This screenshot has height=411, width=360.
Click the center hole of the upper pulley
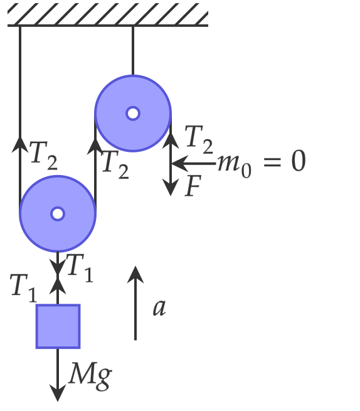point(133,114)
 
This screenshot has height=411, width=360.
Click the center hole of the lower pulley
point(58,214)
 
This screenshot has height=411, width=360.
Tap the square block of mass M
point(58,326)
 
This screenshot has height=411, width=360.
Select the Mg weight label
point(90,376)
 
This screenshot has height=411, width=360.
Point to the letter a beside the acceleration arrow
point(159,307)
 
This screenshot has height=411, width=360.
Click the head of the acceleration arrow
point(135,274)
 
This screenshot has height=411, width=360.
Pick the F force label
point(193,186)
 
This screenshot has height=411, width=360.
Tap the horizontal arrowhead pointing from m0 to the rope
point(180,164)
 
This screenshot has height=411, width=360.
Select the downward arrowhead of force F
point(171,187)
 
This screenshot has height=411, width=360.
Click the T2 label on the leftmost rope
point(43,156)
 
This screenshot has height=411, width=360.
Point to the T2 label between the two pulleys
point(115,165)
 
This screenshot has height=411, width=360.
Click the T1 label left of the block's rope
point(24,289)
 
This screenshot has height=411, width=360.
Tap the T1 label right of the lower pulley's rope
point(80,268)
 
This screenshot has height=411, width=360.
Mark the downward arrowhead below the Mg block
point(58,393)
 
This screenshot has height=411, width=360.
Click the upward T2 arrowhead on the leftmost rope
point(20,144)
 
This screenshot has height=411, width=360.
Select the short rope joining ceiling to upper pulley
point(133,51)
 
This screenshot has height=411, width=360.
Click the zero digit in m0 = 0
point(299,161)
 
